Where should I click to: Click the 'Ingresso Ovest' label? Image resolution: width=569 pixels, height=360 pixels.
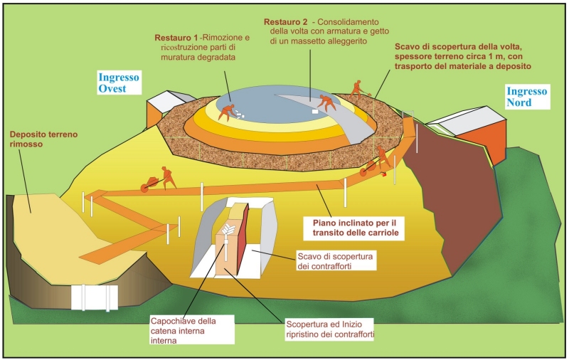click(120, 82)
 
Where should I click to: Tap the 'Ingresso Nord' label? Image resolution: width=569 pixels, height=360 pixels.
click(526, 97)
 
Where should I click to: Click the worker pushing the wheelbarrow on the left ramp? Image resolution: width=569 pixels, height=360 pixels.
click(167, 178)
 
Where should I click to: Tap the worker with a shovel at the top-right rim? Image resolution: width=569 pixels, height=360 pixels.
click(358, 88)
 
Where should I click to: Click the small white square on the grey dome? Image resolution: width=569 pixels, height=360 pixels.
click(314, 112)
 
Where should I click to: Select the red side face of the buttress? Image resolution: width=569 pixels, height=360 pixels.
click(243, 246)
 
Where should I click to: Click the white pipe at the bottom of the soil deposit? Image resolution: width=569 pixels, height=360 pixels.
click(94, 297)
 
